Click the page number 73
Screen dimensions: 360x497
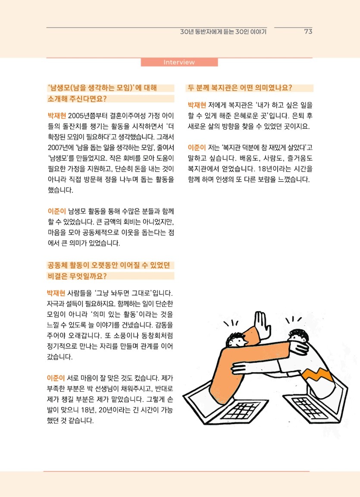308,31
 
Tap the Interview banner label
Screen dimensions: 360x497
179,62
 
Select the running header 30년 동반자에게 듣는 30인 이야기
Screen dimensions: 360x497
223,31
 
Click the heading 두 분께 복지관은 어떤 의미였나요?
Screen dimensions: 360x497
240,88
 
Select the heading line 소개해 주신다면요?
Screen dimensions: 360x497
77,99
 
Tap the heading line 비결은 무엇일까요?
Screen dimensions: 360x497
77,276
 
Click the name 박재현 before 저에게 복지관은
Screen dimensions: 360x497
197,105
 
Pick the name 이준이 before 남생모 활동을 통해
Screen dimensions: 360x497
56,211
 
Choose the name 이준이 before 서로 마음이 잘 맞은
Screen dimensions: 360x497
56,378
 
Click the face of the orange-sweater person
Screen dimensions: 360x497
237,341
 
